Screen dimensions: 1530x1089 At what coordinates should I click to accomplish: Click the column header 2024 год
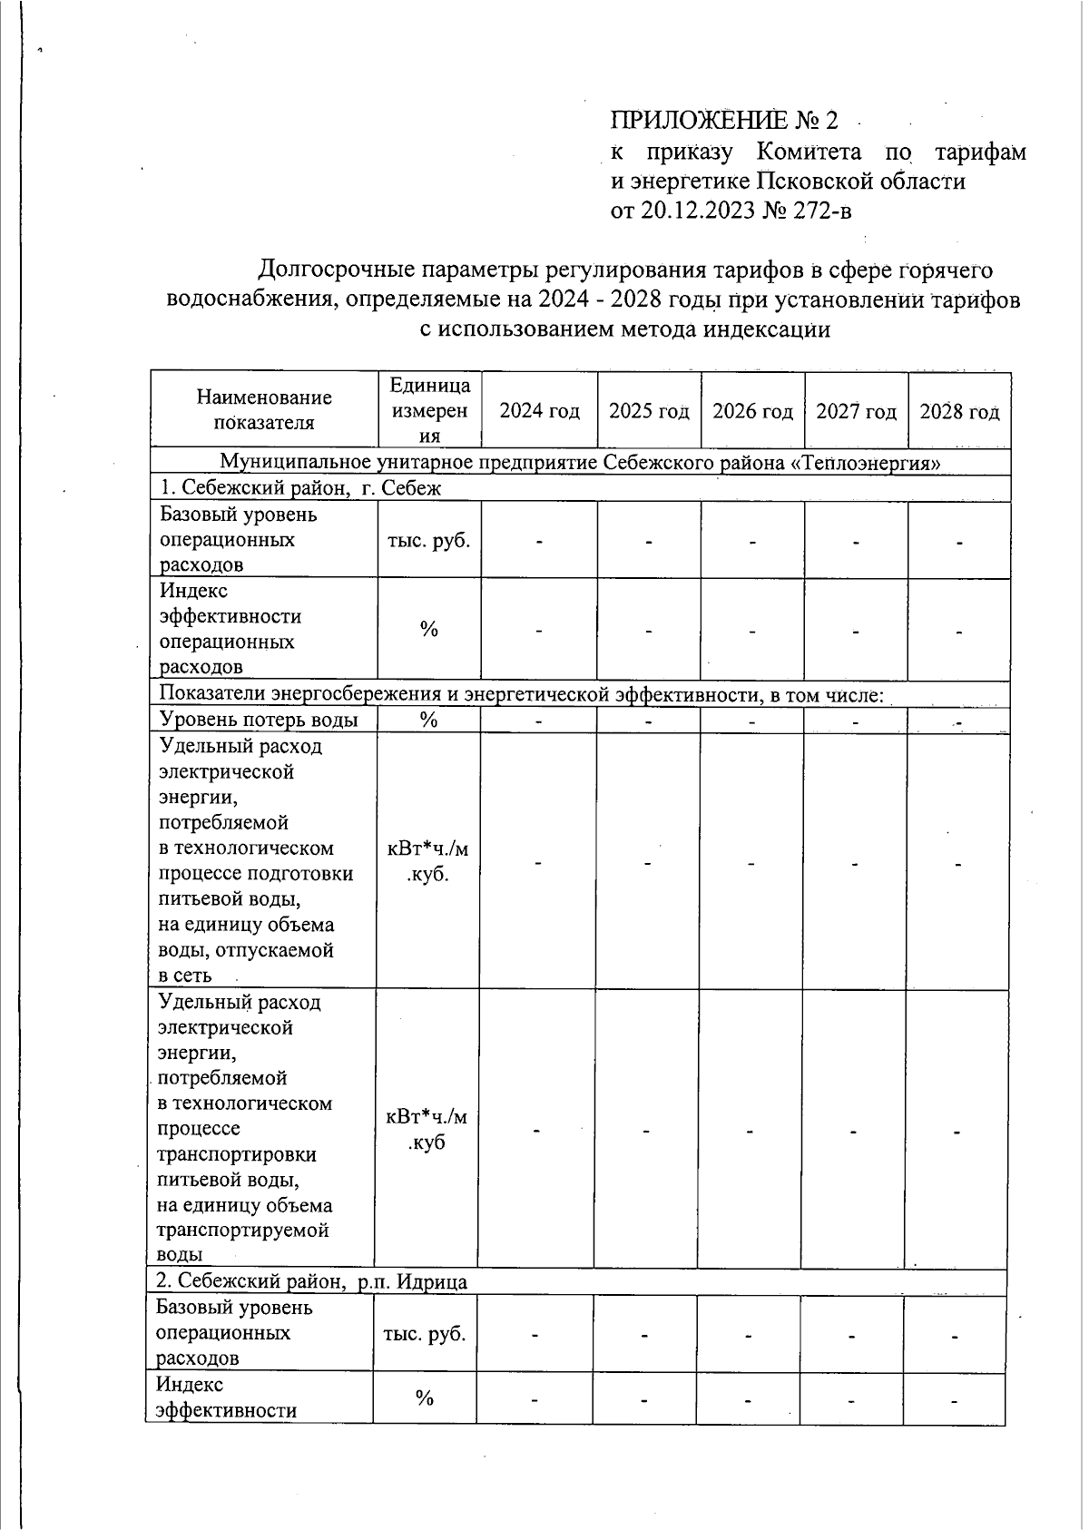pyautogui.click(x=539, y=411)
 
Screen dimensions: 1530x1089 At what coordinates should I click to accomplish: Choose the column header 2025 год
pyautogui.click(x=648, y=411)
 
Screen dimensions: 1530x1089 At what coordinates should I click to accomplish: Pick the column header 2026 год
pyautogui.click(x=752, y=411)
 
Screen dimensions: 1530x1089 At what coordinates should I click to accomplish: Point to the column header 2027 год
pyautogui.click(x=856, y=411)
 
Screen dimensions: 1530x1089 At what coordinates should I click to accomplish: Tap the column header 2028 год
pyautogui.click(x=959, y=411)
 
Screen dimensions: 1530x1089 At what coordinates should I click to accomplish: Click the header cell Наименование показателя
pyautogui.click(x=264, y=409)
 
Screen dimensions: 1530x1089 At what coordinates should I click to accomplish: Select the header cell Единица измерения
pyautogui.click(x=429, y=410)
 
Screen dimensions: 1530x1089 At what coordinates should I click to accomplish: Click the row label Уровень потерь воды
pyautogui.click(x=259, y=720)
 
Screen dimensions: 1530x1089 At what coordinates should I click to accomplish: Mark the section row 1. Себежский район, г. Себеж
pyautogui.click(x=299, y=488)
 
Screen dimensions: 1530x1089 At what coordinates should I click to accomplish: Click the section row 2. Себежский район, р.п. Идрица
pyautogui.click(x=311, y=1281)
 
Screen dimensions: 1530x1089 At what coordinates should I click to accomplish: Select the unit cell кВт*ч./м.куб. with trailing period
pyautogui.click(x=428, y=862)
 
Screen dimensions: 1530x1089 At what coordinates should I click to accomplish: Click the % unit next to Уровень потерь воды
pyautogui.click(x=428, y=720)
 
